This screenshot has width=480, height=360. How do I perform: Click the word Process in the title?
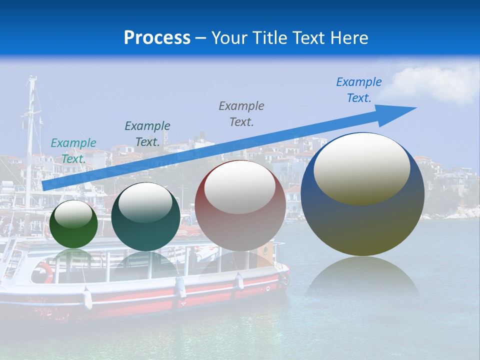coord(157,38)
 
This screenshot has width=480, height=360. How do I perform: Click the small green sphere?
coord(73,224)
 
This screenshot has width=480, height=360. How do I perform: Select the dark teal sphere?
coord(145,217)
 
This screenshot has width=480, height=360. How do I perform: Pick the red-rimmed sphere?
coord(240,206)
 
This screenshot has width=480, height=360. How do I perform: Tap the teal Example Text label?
coord(73,151)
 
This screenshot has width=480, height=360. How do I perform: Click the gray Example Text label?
coord(241,113)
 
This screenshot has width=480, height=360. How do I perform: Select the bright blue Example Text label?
coord(359,90)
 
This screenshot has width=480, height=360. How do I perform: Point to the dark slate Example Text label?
coord(147,134)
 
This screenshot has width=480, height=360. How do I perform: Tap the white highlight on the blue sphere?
coord(361,169)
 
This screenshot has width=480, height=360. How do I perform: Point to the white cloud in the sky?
coord(437,82)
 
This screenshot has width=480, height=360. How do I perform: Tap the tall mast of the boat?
coord(31,140)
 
